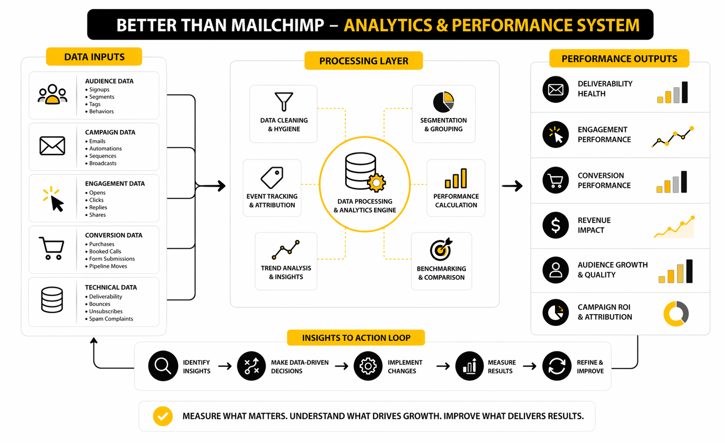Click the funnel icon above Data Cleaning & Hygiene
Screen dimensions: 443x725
coord(284,101)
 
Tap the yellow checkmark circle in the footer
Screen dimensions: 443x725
coord(163,416)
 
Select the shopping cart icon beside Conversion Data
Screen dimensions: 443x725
coord(52,248)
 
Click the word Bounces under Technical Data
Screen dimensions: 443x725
coord(99,304)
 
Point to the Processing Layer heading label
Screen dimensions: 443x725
coord(363,61)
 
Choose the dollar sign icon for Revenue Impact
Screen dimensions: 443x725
coord(556,225)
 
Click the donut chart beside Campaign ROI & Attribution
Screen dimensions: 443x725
coord(676,313)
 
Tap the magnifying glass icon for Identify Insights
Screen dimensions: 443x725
coord(163,366)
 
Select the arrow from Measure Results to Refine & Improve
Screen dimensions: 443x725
coord(529,366)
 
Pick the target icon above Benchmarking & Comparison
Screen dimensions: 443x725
coord(441,249)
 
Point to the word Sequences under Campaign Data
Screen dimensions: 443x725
coord(103,156)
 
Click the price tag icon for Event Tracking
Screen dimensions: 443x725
coord(272,177)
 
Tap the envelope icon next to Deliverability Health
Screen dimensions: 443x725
coord(556,90)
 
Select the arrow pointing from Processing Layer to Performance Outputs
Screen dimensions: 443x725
coord(512,186)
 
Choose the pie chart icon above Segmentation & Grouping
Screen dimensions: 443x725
coord(443,102)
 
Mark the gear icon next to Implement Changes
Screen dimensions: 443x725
coord(368,366)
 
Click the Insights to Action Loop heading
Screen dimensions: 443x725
coord(356,338)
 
